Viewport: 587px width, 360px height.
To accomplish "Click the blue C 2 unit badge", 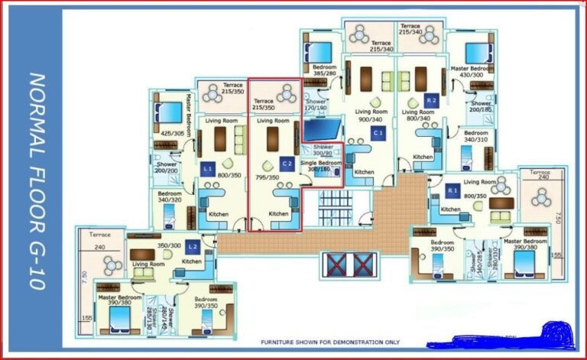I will point(287,164).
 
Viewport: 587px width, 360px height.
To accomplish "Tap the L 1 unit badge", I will point(208,167).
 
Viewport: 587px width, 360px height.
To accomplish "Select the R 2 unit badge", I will point(431,100).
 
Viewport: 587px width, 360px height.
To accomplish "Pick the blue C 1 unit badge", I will point(378,133).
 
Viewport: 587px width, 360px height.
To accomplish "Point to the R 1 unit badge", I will point(452,190).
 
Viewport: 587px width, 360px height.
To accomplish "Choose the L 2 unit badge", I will point(193,246).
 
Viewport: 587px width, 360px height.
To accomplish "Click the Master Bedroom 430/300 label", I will point(467,71).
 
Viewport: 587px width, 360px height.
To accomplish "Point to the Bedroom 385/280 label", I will point(325,71).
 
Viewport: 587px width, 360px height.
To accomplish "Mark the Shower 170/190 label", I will point(316,105).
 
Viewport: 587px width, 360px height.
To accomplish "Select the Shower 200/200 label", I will point(167,167).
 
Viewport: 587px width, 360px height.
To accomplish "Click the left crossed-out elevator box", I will point(336,264).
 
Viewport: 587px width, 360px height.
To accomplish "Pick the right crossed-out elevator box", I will point(362,264).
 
